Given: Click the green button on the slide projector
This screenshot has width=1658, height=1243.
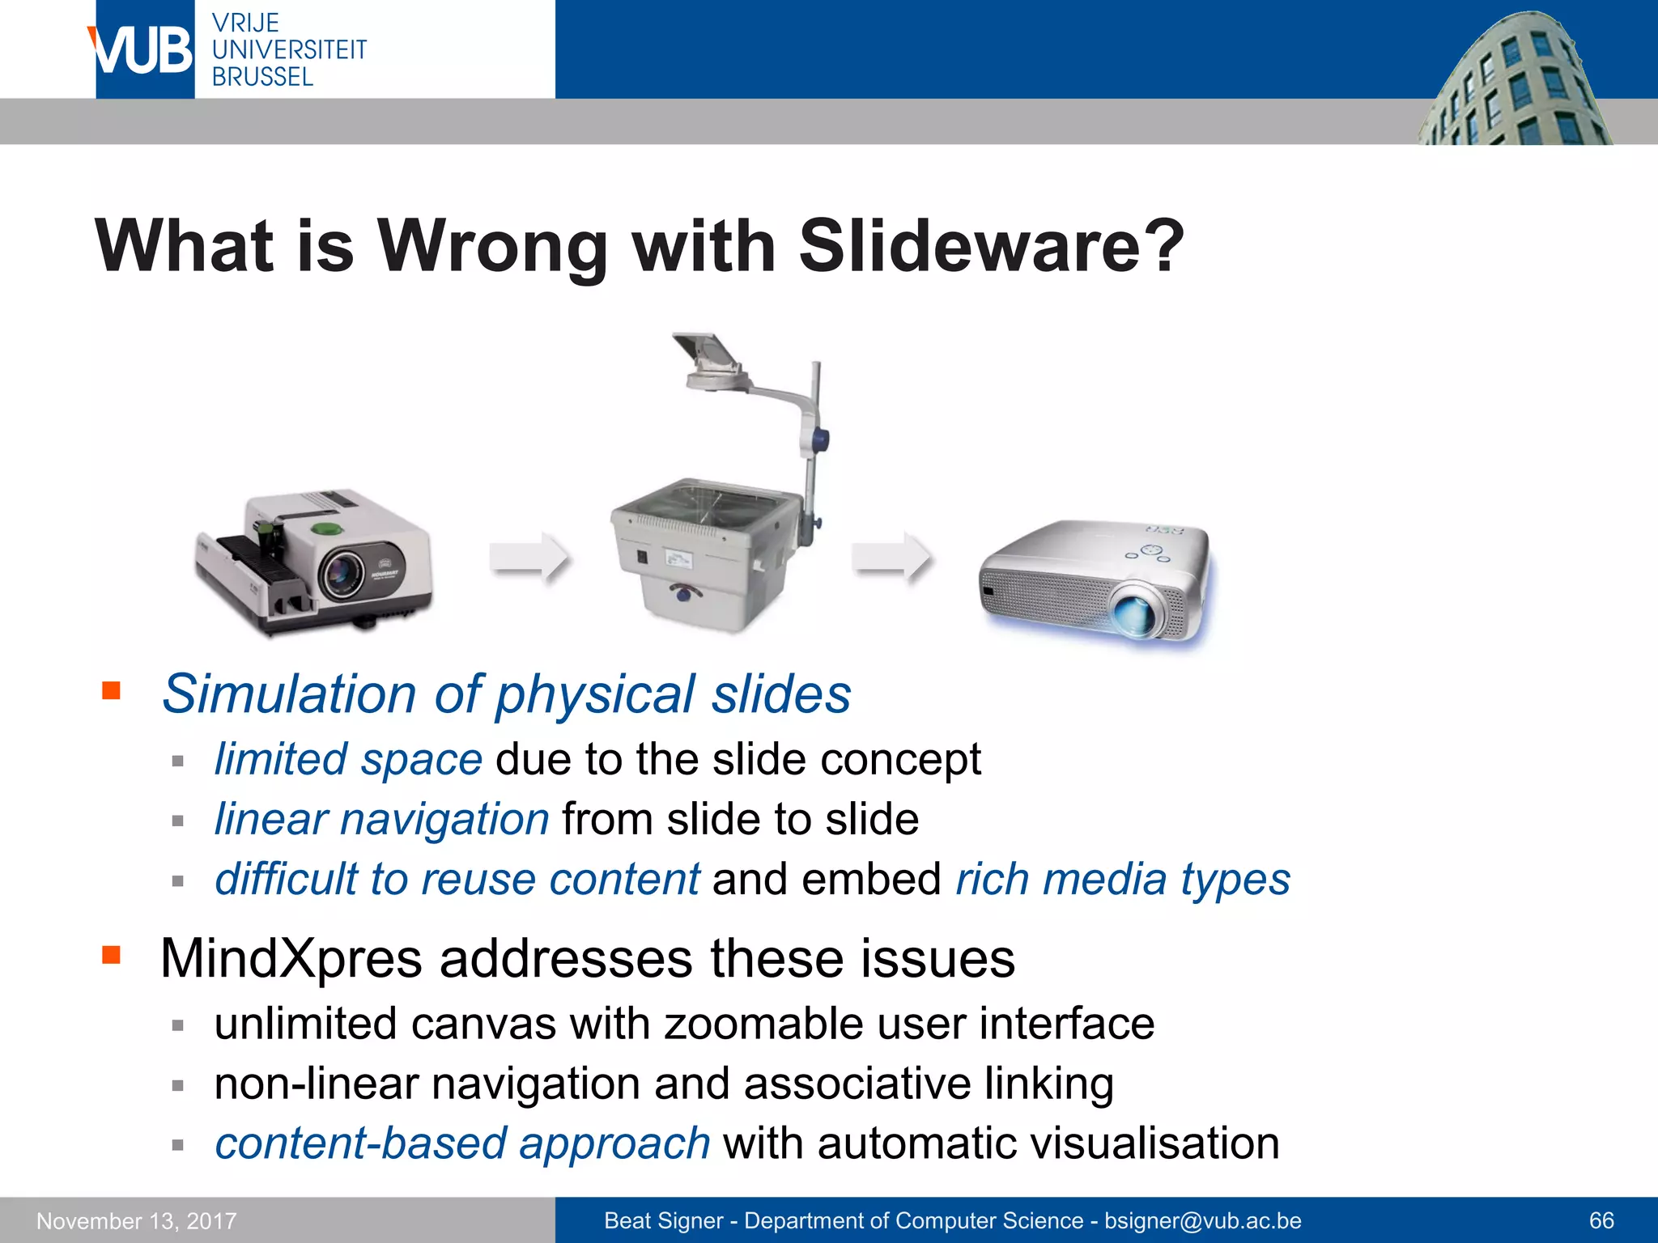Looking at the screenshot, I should click(x=326, y=529).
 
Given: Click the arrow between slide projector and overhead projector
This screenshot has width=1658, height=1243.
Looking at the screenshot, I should click(x=529, y=557).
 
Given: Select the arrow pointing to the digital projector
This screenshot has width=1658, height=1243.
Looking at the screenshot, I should click(x=891, y=557).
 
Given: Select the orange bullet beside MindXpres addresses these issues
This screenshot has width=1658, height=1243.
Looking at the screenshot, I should click(x=111, y=956).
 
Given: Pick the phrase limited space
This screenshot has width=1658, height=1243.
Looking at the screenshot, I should click(x=348, y=760).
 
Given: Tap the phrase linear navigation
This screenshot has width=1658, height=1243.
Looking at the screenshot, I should click(x=382, y=820).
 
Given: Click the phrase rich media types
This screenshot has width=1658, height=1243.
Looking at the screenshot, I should click(x=1123, y=880).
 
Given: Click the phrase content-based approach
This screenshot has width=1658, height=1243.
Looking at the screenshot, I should click(x=462, y=1143).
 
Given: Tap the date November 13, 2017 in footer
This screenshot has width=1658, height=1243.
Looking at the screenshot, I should click(x=137, y=1220).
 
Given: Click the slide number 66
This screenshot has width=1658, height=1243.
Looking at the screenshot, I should click(x=1601, y=1220).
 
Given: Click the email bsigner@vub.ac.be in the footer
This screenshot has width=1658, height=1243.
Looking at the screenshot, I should click(x=1203, y=1220).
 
